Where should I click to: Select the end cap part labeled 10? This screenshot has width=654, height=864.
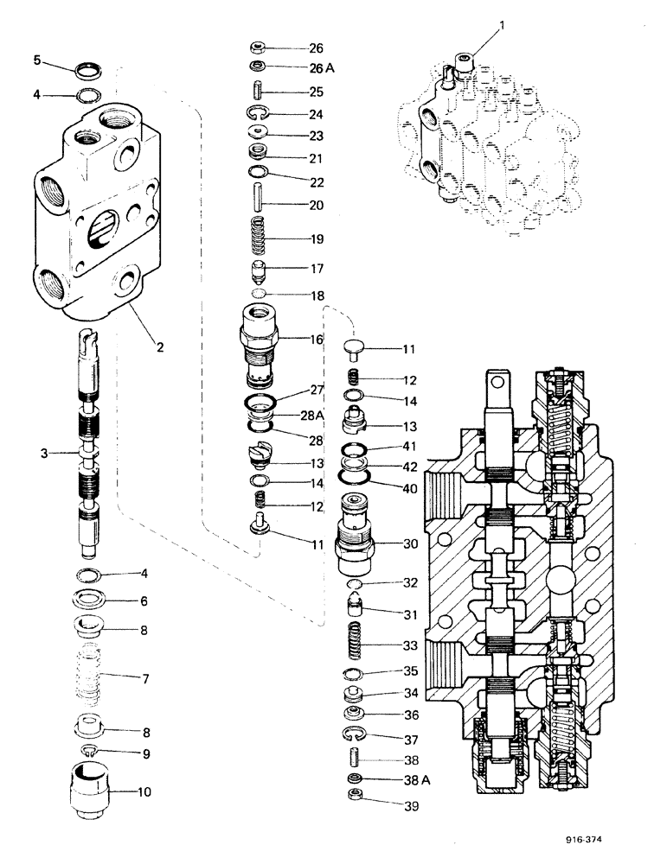pyautogui.click(x=90, y=788)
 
